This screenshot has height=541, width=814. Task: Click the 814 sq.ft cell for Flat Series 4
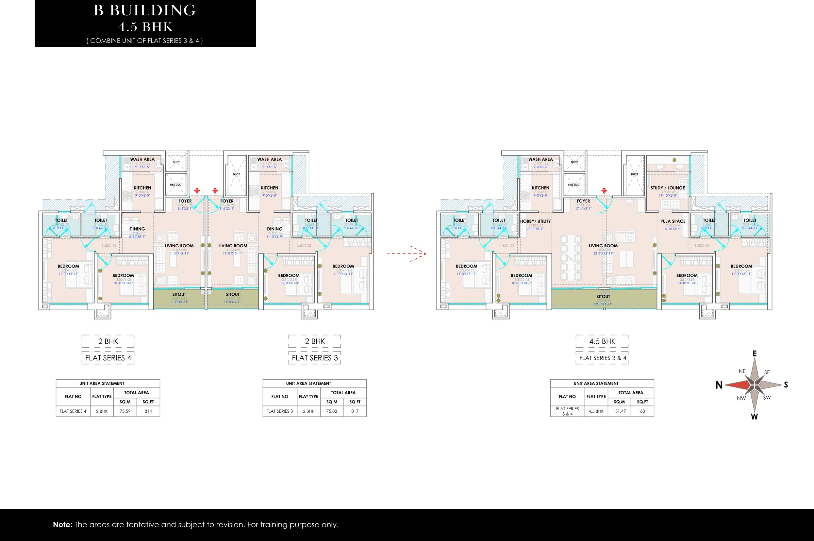(148, 411)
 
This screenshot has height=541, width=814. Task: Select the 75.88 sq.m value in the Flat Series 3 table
(332, 411)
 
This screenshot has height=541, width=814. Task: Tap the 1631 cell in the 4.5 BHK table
(642, 411)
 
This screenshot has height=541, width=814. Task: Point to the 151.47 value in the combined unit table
(619, 411)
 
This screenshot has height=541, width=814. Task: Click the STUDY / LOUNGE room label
(667, 188)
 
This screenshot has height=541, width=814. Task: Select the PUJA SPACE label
(673, 221)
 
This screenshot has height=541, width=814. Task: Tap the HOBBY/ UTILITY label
(535, 221)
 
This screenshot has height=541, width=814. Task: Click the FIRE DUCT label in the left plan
(176, 185)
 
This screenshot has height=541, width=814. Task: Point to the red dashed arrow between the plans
(407, 254)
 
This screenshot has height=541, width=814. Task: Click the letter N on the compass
(719, 385)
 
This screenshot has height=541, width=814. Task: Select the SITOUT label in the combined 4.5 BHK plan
(603, 296)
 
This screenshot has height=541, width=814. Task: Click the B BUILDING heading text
(145, 10)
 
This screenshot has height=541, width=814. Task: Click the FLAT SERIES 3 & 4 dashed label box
(602, 358)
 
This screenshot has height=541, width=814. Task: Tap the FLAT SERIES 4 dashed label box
(108, 358)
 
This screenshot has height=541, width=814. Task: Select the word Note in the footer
(62, 524)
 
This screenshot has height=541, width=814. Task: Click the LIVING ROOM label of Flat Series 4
(179, 246)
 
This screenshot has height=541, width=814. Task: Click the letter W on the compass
(754, 417)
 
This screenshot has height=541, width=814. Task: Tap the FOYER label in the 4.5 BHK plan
(583, 201)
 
